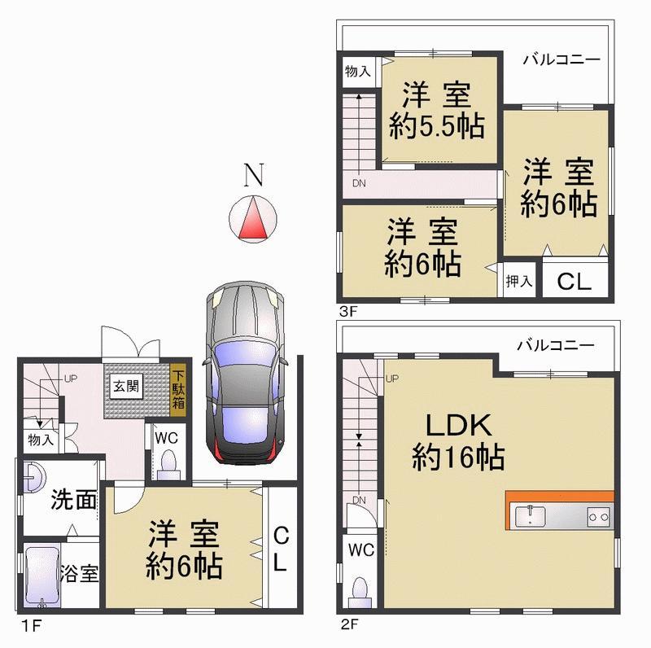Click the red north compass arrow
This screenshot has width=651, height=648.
pos(256,220)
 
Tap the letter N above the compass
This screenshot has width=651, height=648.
pos(256,174)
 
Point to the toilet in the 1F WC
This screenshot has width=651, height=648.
pos(168,463)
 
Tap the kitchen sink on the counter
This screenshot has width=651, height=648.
pos(531,515)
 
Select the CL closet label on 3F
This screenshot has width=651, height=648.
pos(575,282)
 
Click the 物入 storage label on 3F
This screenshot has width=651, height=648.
pos(358,72)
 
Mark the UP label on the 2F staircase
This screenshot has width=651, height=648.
pos(392,379)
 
